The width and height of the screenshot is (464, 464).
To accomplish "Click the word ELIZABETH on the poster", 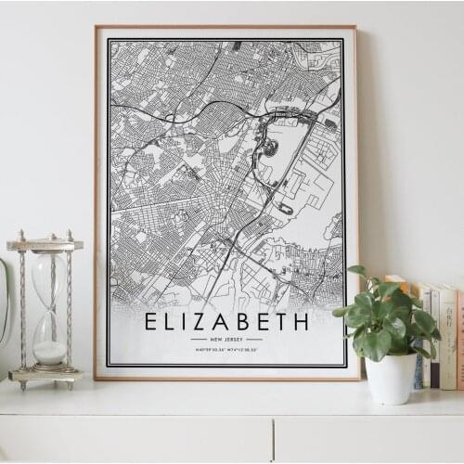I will point(226,322).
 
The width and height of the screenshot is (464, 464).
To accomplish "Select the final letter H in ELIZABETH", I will point(299,322).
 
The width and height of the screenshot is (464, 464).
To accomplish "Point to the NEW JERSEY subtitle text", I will point(226,341).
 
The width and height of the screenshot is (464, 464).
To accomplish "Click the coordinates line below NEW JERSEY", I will point(226,350).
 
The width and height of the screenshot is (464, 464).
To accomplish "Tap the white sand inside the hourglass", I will point(50,352).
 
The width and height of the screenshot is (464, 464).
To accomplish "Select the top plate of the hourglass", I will point(45,245).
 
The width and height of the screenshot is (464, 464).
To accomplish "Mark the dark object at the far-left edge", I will point(3,306).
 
